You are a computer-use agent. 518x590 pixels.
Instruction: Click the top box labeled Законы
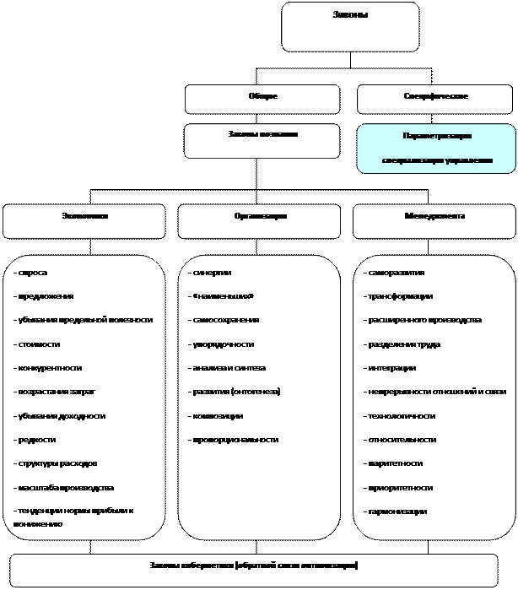[x=350, y=27]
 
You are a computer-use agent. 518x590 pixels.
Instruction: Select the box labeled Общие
[x=262, y=99]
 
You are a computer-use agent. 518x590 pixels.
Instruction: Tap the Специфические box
[x=436, y=99]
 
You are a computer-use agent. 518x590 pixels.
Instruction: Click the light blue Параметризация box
[x=436, y=148]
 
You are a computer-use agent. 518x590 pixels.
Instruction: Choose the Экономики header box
[x=84, y=221]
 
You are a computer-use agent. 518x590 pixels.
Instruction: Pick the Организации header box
[x=261, y=221]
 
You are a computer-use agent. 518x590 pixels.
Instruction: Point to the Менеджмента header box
[x=434, y=221]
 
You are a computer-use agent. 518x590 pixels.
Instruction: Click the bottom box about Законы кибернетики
[x=254, y=570]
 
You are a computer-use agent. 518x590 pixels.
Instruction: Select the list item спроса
[x=33, y=273]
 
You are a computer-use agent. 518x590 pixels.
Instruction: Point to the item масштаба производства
[x=64, y=488]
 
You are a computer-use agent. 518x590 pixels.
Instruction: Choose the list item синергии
[x=210, y=273]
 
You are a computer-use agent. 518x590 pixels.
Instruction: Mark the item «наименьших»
[x=221, y=296]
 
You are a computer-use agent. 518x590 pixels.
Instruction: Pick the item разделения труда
[x=402, y=344]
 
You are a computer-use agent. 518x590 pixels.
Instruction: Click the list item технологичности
[x=401, y=416]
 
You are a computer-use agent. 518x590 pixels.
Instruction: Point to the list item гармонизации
[x=396, y=512]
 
